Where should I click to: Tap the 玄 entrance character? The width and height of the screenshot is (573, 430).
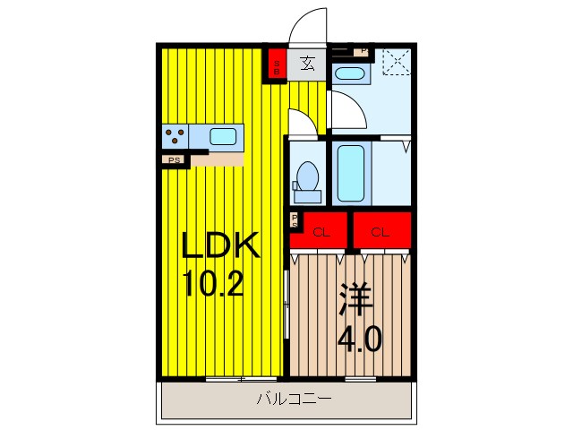307,63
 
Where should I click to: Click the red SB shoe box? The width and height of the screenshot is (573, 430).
278,64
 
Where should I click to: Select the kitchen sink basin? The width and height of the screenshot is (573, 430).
223,137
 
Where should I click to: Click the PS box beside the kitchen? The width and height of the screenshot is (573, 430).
172,160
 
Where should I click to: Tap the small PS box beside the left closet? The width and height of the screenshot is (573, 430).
294,220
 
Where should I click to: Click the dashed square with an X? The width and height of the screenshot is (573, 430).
393,62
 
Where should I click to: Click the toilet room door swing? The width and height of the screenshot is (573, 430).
300,121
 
